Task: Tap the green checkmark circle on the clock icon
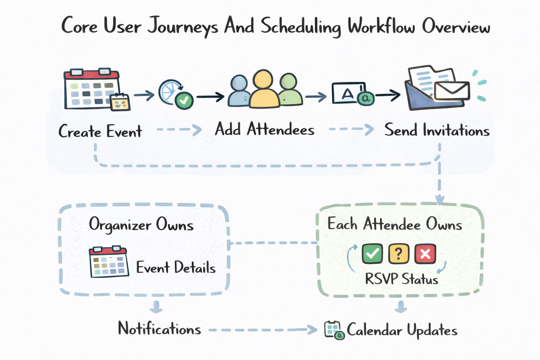tap(184, 101)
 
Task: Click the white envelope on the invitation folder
tap(451, 91)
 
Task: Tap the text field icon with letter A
tap(348, 94)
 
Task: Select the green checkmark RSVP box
tap(372, 253)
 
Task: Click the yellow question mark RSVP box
tap(398, 253)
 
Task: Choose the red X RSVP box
tap(425, 253)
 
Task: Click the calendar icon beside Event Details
tap(109, 262)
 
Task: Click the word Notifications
tap(159, 329)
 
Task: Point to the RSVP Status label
tap(401, 279)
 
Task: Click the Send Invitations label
tap(437, 130)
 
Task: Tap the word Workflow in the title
tap(381, 27)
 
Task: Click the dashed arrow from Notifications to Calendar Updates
tap(262, 330)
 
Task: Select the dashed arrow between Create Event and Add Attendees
tap(179, 130)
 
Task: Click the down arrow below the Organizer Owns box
tap(156, 307)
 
